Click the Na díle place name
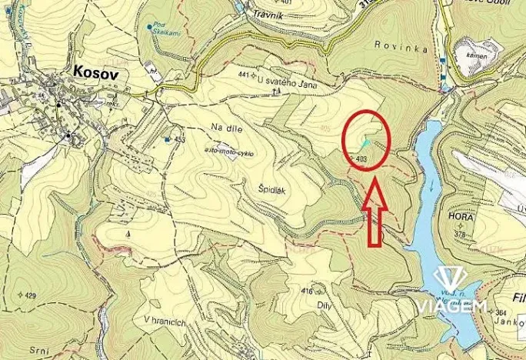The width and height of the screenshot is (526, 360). pyautogui.click(x=225, y=128)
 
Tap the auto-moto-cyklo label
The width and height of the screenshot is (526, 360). pyautogui.click(x=228, y=152)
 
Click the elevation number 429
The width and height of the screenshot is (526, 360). pyautogui.click(x=30, y=295)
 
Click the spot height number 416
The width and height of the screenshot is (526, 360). pyautogui.click(x=308, y=291)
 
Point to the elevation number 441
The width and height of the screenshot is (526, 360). pyautogui.click(x=245, y=75)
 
